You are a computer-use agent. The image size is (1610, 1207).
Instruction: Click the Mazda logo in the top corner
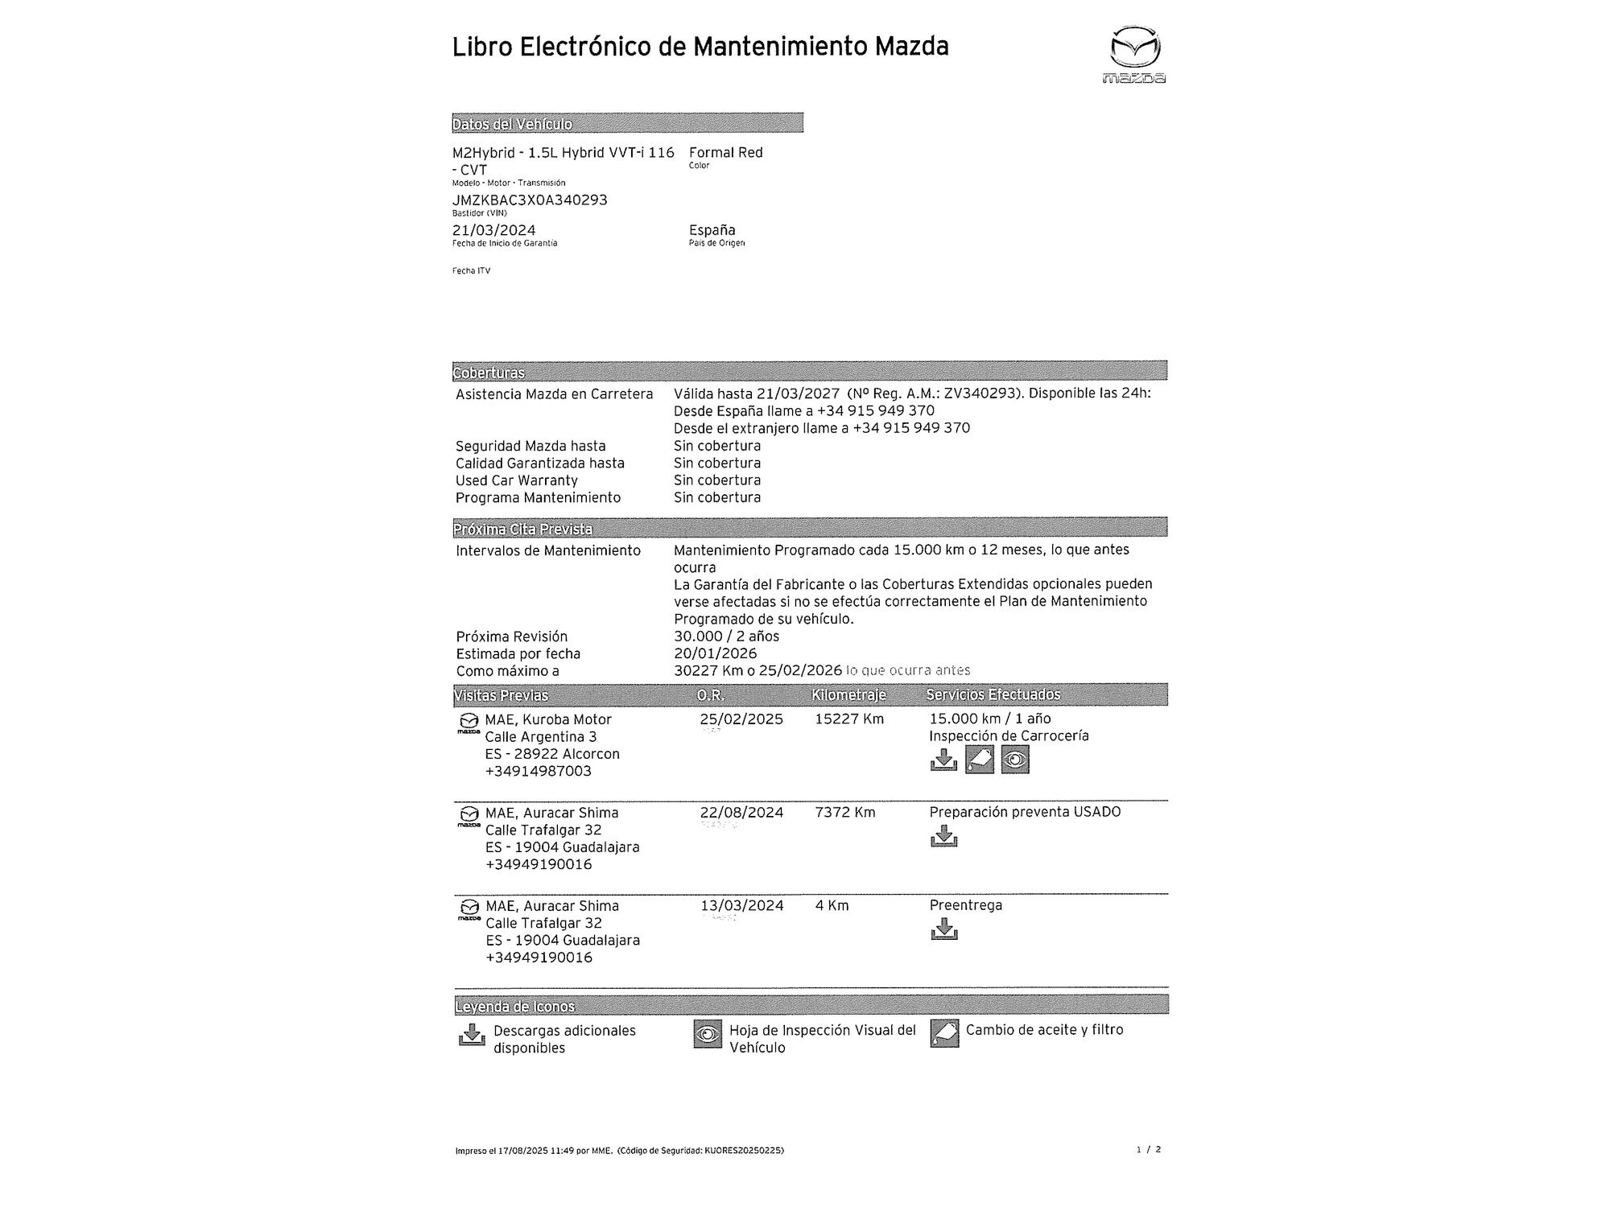tap(1135, 54)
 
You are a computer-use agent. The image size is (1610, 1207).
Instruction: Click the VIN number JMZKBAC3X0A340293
tap(530, 200)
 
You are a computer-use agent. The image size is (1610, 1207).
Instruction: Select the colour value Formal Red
tap(725, 152)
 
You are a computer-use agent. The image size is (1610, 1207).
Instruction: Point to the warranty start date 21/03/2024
tap(493, 230)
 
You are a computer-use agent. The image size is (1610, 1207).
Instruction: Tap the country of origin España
tap(712, 230)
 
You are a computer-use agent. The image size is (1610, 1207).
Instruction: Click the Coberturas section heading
tap(489, 373)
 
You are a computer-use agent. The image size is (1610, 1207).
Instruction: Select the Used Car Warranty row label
tap(516, 480)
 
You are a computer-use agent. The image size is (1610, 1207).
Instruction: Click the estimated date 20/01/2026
tap(715, 653)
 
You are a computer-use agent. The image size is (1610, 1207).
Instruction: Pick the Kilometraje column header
tap(848, 694)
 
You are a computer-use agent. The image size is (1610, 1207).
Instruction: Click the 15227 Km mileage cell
tap(848, 719)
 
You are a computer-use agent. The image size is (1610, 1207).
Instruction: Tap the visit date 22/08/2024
tap(741, 812)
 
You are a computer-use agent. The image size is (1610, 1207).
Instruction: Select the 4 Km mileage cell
tap(832, 905)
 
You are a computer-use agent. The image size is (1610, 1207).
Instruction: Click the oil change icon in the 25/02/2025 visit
tap(979, 760)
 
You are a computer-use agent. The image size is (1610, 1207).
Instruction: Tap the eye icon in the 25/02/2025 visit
tap(1015, 760)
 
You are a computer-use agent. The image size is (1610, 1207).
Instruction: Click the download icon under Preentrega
tap(943, 930)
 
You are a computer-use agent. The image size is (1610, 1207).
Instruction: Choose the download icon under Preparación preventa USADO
tap(943, 837)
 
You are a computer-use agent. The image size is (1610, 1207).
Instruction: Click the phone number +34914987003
tap(538, 771)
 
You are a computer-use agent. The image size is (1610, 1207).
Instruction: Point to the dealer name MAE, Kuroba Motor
tap(547, 719)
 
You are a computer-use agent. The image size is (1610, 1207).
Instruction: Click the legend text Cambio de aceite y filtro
tap(1044, 1030)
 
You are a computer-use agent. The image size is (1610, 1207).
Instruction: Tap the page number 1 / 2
tap(1148, 1150)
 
